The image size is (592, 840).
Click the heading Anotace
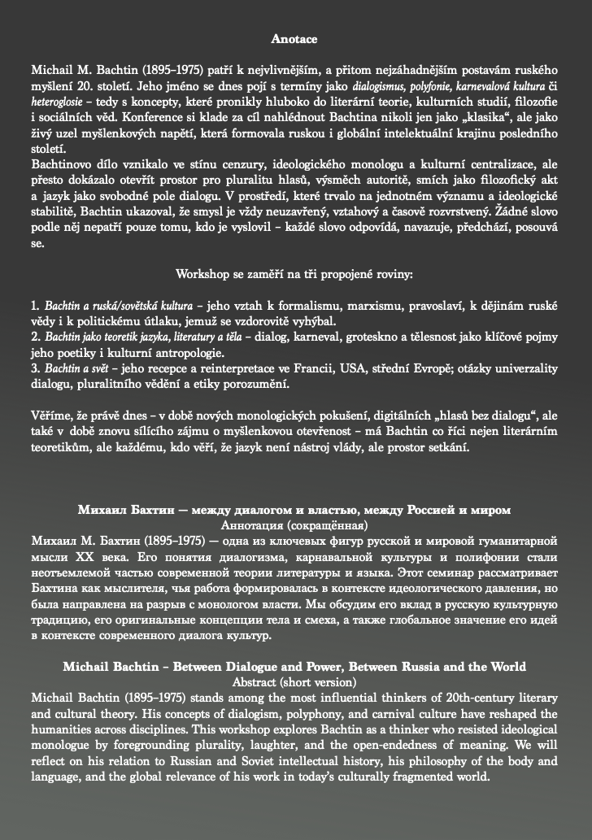[294, 38]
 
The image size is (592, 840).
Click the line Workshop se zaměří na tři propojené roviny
[294, 274]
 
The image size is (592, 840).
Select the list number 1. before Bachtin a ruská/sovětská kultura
[36, 306]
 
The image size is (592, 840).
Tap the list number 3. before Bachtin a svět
[36, 368]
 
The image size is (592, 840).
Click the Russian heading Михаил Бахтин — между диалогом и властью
[294, 510]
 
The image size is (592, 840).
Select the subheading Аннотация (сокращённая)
[294, 525]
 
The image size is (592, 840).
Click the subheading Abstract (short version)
[294, 681]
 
